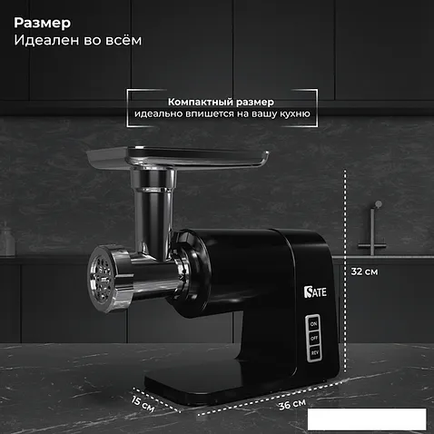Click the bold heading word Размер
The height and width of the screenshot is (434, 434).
pos(43,24)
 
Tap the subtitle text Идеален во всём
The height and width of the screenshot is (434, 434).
pos(78,40)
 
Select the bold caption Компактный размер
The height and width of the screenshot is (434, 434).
pos(221,102)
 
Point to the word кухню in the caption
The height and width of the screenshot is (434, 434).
pos(295,114)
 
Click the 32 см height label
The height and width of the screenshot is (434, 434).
pos(364,271)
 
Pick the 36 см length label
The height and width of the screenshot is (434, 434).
pos(292,404)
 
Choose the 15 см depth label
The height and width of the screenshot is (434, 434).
pos(143,404)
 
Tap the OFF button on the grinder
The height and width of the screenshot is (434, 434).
pos(314,338)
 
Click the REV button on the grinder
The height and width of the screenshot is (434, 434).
pos(315,352)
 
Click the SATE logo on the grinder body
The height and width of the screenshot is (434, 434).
pos(315,291)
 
